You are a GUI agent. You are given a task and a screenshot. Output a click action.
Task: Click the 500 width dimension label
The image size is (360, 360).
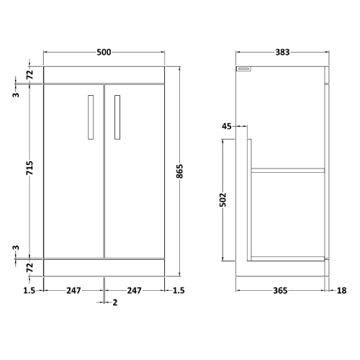(x=104, y=52)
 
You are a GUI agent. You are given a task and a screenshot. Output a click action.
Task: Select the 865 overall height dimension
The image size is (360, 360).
(x=179, y=171)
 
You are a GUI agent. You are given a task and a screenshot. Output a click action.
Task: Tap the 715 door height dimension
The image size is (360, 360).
(x=30, y=168)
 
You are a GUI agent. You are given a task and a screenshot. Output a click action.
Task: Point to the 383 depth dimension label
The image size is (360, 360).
(x=282, y=52)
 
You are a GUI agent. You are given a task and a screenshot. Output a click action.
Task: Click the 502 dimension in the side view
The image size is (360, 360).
(x=222, y=199)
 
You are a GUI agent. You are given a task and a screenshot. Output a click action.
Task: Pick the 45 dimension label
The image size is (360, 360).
(x=227, y=126)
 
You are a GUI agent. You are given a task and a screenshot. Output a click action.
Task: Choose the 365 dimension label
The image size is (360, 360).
(x=280, y=291)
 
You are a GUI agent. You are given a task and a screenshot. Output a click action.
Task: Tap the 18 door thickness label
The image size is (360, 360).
(x=342, y=291)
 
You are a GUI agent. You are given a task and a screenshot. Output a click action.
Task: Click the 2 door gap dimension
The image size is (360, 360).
(x=115, y=302)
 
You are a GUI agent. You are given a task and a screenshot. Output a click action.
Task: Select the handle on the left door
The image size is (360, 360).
(x=91, y=117)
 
